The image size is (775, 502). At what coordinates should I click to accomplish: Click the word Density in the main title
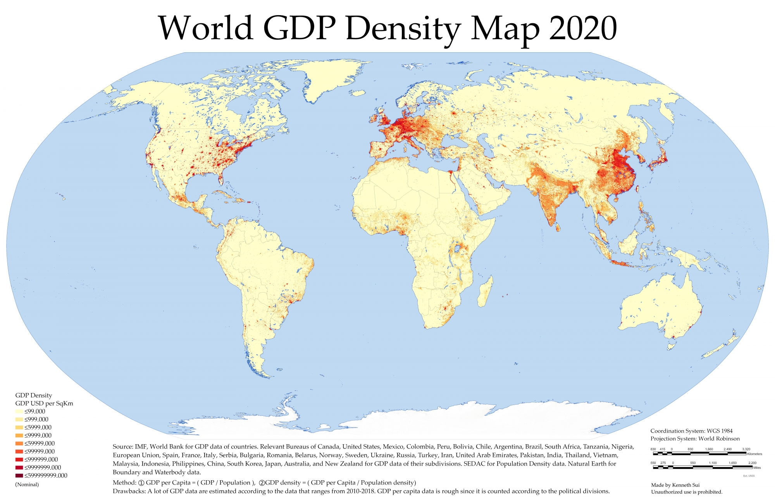click(x=403, y=28)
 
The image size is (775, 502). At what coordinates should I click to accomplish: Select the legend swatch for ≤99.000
click(x=19, y=411)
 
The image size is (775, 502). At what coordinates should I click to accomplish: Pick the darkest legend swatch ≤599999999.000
click(x=19, y=476)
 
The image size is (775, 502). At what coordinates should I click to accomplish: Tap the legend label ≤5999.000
click(x=38, y=427)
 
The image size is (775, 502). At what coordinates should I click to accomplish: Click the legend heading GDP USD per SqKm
click(x=44, y=403)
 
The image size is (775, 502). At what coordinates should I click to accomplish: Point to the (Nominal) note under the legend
click(x=27, y=484)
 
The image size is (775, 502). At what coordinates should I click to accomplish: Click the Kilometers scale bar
click(x=699, y=453)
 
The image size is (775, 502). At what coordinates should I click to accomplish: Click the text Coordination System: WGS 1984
click(x=691, y=431)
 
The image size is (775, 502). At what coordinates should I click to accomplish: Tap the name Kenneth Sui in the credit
click(x=685, y=485)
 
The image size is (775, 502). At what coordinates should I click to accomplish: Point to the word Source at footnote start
click(x=122, y=447)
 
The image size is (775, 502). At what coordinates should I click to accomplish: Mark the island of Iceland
click(x=357, y=93)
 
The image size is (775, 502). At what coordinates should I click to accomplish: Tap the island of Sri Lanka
click(x=558, y=227)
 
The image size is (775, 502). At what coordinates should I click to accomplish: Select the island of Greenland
click(x=329, y=78)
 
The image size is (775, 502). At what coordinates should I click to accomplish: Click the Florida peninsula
click(x=221, y=178)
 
